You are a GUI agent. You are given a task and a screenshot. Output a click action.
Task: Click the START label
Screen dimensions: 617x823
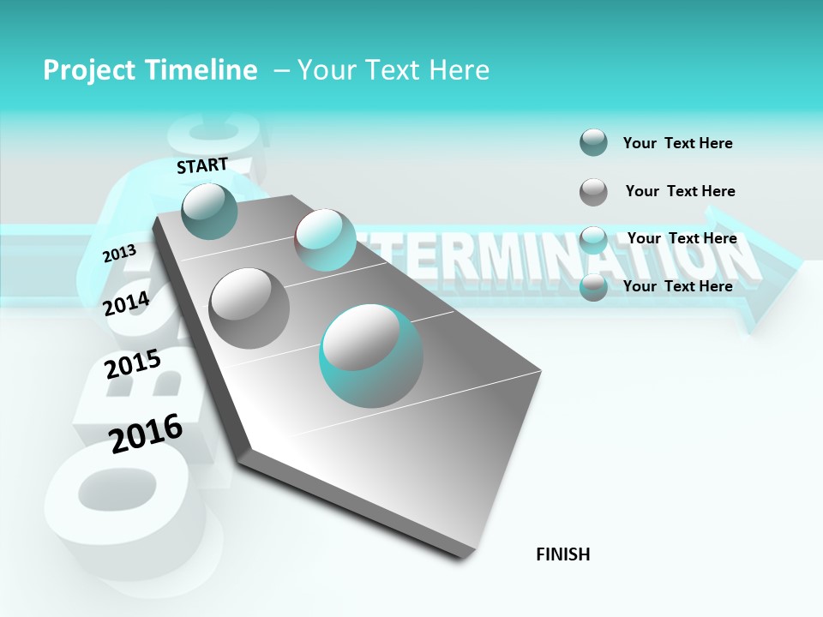[202, 165]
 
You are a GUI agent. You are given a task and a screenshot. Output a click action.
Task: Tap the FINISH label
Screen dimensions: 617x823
[562, 554]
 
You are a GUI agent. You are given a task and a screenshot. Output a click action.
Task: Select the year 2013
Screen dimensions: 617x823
[119, 253]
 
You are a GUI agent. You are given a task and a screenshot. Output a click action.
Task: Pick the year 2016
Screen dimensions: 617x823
[146, 433]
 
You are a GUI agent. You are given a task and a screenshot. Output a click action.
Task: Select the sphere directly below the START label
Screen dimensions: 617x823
[209, 211]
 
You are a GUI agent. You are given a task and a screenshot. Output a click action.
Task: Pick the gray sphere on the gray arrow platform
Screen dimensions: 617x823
[249, 308]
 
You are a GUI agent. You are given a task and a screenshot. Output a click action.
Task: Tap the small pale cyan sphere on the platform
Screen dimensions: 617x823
[325, 240]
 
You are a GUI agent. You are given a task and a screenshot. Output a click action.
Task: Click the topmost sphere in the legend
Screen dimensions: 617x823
[593, 142]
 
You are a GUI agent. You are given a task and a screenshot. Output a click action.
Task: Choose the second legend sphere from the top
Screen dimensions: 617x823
[593, 192]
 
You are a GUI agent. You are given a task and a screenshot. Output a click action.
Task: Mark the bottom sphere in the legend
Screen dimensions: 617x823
[593, 287]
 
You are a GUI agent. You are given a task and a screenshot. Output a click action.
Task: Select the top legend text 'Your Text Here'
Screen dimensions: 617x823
[677, 143]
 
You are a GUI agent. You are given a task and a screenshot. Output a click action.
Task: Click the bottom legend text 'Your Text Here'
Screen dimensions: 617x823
[677, 286]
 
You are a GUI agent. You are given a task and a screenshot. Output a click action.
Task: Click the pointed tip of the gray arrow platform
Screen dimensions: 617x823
[464, 555]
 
